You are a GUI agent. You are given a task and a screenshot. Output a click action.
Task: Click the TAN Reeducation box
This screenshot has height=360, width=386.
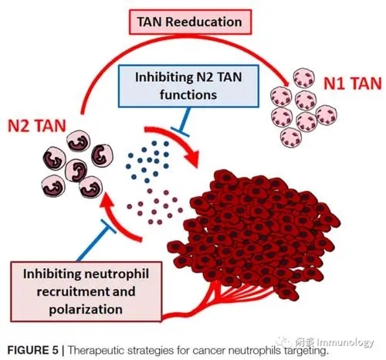(190, 22)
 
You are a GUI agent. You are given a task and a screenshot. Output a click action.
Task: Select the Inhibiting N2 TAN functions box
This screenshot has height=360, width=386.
(188, 86)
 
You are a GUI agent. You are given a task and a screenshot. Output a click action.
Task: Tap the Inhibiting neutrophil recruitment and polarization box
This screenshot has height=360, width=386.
(86, 291)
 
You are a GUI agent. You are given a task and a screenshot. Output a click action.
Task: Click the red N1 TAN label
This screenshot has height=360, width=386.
(352, 83)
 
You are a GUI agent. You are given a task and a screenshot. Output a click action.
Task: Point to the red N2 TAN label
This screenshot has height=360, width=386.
(37, 126)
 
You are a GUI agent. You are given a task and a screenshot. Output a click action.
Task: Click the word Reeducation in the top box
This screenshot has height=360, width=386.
(204, 22)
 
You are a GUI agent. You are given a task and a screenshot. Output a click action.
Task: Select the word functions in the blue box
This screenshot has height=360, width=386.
(188, 94)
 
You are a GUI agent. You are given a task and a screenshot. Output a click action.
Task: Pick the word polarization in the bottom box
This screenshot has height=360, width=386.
(86, 309)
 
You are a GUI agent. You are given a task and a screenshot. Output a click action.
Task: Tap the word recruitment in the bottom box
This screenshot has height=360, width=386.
(69, 292)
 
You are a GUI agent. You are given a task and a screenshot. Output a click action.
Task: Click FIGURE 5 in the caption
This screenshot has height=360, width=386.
(33, 350)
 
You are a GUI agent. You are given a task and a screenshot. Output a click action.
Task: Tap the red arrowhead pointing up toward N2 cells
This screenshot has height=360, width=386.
(106, 202)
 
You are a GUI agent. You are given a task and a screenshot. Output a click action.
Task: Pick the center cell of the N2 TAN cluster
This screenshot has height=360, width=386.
(76, 171)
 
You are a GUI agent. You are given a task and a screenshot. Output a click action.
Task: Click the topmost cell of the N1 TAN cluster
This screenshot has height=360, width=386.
(304, 78)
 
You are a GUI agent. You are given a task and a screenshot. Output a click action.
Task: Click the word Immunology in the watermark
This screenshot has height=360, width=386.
(345, 343)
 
